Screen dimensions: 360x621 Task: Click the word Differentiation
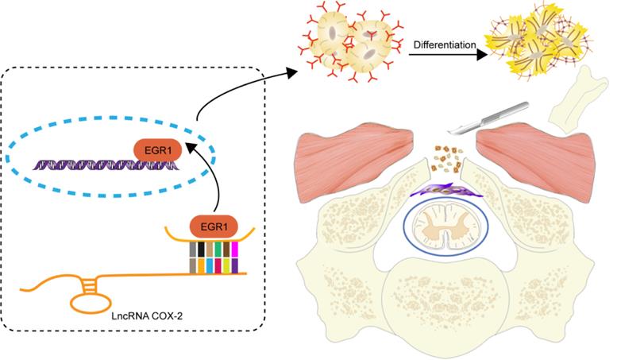click(x=443, y=46)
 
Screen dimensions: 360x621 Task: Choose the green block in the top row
click(x=218, y=250)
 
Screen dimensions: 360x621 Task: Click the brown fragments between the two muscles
click(x=446, y=162)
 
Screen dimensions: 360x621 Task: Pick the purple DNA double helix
click(x=103, y=165)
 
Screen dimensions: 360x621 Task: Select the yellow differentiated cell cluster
click(x=547, y=41)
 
